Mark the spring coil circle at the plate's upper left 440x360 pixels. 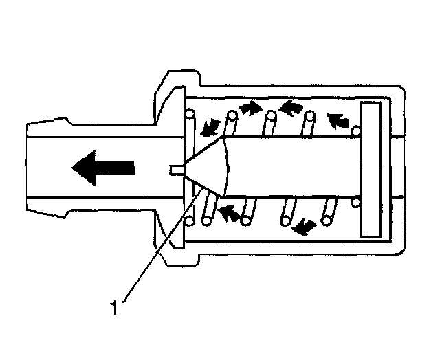pyautogui.click(x=355, y=131)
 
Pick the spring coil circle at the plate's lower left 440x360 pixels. pyautogui.click(x=355, y=202)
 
